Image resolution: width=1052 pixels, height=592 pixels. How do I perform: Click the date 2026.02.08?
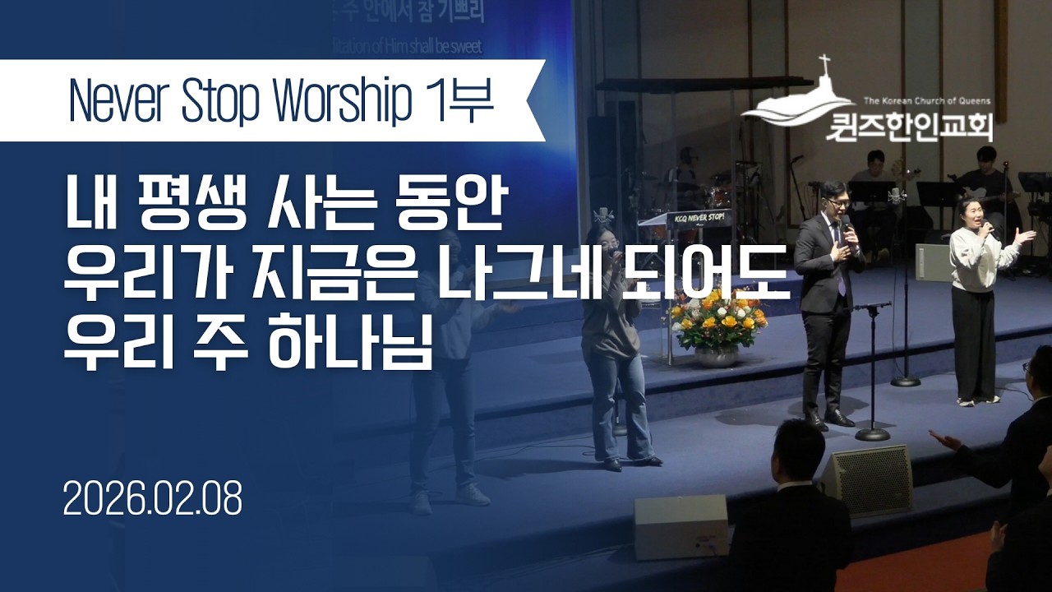153,499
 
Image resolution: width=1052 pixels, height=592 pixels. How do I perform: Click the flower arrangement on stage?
717,317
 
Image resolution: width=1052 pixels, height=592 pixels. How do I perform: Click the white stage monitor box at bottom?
680,525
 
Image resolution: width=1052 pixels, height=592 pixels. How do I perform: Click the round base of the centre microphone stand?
872,433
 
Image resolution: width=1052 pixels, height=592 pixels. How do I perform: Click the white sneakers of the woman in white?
978,400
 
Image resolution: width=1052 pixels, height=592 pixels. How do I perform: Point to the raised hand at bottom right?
945,440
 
